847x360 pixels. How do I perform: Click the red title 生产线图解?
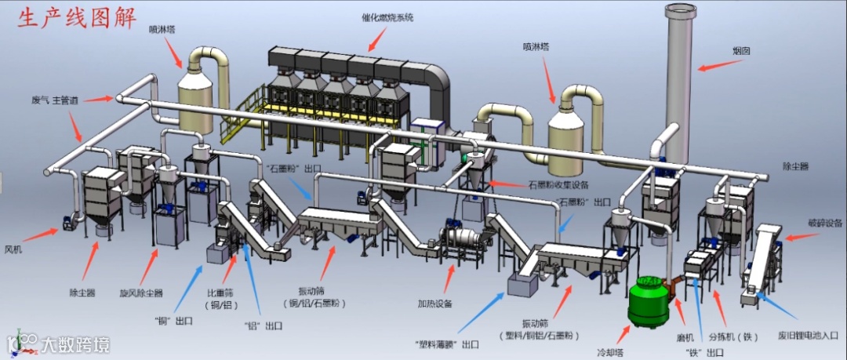[77, 18]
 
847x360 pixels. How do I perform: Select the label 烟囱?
[741, 51]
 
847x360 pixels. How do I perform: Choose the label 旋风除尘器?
[141, 293]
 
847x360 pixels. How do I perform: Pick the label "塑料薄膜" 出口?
[448, 344]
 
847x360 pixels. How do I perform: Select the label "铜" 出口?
[173, 320]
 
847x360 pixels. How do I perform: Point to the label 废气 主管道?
[54, 100]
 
